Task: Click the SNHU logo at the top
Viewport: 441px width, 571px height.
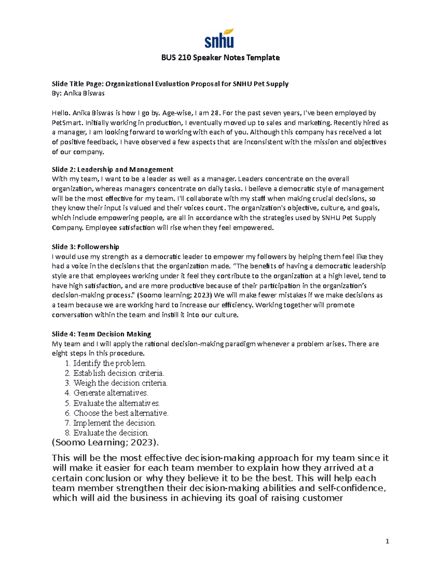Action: pyautogui.click(x=219, y=38)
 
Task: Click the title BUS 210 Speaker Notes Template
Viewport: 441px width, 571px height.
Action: pyautogui.click(x=220, y=58)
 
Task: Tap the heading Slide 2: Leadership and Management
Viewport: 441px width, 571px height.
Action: pyautogui.click(x=112, y=169)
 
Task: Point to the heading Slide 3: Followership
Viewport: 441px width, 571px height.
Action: pyautogui.click(x=85, y=247)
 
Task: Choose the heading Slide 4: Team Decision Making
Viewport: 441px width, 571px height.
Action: pyautogui.click(x=101, y=334)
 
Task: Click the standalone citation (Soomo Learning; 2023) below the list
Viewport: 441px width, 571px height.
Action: pyautogui.click(x=105, y=443)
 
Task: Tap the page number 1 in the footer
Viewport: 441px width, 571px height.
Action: pyautogui.click(x=387, y=541)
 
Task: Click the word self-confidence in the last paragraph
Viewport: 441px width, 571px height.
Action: pyautogui.click(x=352, y=488)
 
